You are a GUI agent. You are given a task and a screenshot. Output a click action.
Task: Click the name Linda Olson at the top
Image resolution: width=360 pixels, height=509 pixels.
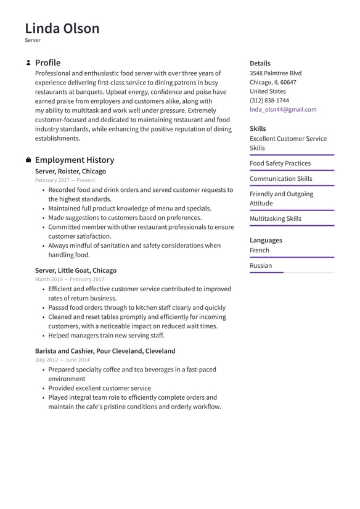pos(62,28)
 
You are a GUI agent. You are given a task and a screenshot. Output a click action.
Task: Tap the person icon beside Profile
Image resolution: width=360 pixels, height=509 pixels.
pos(28,63)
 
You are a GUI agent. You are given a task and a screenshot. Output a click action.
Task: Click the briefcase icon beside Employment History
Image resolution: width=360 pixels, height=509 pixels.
pos(28,160)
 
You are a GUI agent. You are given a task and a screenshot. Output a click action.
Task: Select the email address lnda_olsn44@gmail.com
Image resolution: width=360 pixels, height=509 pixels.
pos(283,109)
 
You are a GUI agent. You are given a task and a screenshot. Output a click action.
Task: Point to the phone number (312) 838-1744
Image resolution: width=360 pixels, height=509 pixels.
pos(269,100)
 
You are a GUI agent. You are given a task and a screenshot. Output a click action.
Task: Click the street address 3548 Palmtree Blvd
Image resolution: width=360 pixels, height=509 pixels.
pos(276,73)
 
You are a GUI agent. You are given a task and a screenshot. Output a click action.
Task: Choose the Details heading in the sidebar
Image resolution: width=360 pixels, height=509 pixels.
pos(260,63)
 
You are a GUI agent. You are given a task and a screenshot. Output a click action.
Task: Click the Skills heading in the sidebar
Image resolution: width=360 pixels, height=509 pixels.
pos(258,129)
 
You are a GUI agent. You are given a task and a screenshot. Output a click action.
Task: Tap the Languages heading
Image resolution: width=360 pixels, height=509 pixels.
pos(266,240)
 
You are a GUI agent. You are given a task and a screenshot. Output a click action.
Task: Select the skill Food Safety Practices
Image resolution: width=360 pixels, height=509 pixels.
pos(280,163)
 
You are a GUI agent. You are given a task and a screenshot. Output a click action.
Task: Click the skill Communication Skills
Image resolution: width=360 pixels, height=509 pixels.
pos(280,179)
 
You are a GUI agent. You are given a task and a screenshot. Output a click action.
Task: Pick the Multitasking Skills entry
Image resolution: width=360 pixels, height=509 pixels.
pos(276,219)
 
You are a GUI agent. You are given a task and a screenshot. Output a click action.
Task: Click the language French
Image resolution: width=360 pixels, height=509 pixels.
pos(259,250)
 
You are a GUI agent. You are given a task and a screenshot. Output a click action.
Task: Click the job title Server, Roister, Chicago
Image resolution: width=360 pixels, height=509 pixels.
pos(70,172)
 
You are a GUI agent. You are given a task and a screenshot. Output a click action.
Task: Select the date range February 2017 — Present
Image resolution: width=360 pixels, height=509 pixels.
pos(65,180)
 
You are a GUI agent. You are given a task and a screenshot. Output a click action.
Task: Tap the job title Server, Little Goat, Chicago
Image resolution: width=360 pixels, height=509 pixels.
pos(75,270)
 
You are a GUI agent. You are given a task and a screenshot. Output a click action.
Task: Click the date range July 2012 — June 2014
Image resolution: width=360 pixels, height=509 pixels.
pos(62,360)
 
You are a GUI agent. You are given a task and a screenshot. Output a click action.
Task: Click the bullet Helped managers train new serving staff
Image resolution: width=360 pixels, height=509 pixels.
pos(106,336)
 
